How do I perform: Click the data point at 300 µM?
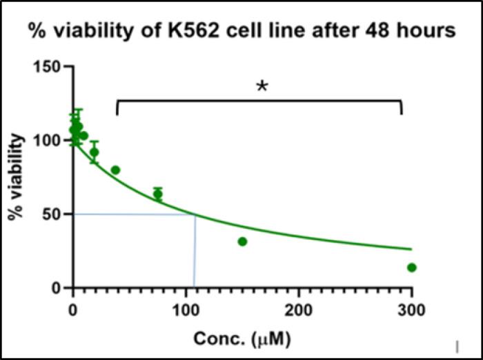coord(412,268)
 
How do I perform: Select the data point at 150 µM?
coord(242,241)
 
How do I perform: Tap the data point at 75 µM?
coord(158,194)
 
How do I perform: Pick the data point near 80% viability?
coord(115,170)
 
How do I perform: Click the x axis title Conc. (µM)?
coord(241,339)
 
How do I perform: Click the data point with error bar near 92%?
coord(95,152)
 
